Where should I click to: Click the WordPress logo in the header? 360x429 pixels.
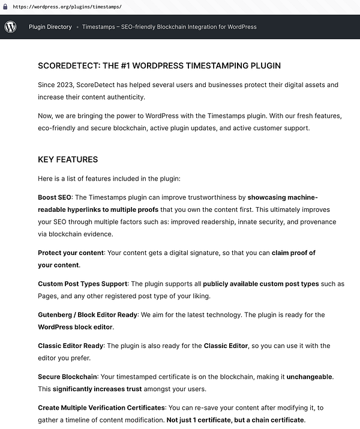pyautogui.click(x=11, y=27)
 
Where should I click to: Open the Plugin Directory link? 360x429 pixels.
pyautogui.click(x=50, y=27)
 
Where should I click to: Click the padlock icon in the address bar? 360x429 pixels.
pyautogui.click(x=5, y=7)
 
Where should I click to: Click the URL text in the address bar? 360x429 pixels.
pyautogui.click(x=67, y=7)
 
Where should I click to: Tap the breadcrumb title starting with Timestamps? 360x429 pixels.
pyautogui.click(x=169, y=27)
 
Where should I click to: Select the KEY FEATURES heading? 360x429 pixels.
pyautogui.click(x=68, y=160)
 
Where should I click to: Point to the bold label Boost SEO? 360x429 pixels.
pyautogui.click(x=55, y=197)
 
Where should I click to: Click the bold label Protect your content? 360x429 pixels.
pyautogui.click(x=70, y=253)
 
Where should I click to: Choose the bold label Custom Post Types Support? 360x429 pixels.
pyautogui.click(x=83, y=283)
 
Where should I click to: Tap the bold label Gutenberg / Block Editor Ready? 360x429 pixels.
pyautogui.click(x=88, y=314)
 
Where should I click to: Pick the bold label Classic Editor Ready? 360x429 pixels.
pyautogui.click(x=71, y=346)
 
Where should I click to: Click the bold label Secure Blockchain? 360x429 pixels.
pyautogui.click(x=67, y=377)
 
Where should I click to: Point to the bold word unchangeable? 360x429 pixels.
pyautogui.click(x=309, y=377)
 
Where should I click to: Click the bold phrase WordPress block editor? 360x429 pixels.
pyautogui.click(x=75, y=327)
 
